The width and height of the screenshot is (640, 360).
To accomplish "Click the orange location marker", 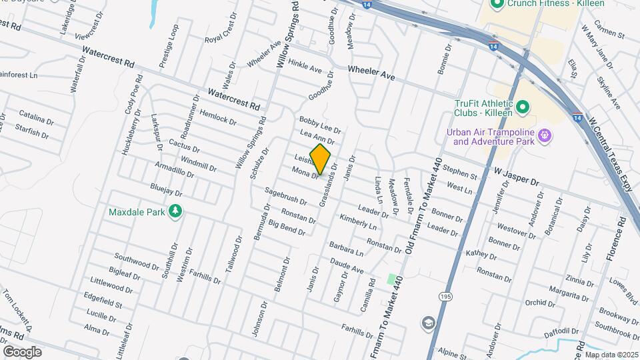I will [x=321, y=159].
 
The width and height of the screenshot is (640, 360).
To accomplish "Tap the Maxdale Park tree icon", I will [x=175, y=212].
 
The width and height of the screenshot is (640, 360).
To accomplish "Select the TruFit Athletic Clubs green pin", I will [x=523, y=107].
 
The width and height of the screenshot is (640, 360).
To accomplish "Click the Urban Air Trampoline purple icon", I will [x=546, y=136].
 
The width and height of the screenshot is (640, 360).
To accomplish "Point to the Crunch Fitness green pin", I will [x=496, y=5].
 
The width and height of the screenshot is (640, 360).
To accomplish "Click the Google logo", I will [x=21, y=352].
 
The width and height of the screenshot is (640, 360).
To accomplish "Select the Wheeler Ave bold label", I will [x=371, y=73].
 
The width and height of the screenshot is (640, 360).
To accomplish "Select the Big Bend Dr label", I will [x=287, y=228].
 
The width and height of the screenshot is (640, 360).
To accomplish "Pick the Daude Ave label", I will [x=347, y=267].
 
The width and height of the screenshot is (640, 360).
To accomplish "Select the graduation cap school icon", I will [x=428, y=323].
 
